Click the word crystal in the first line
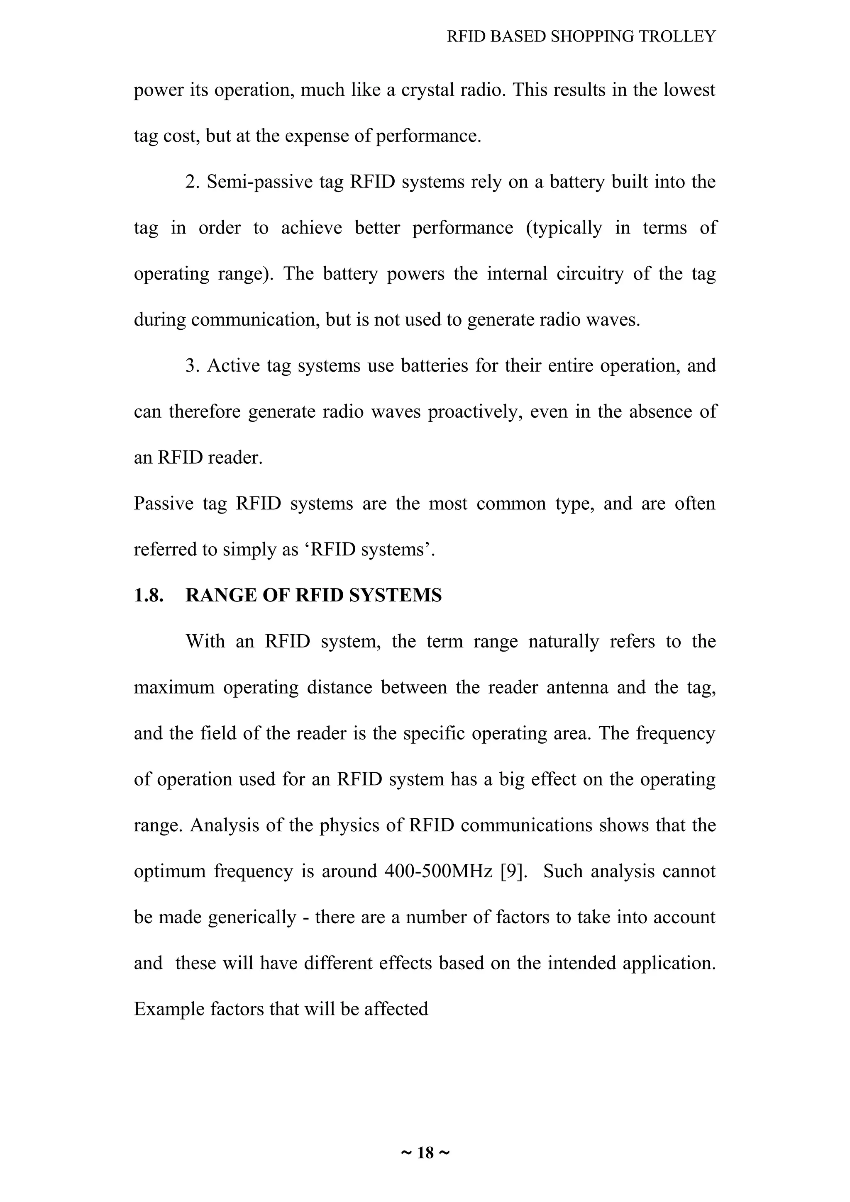428,90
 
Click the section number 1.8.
149,596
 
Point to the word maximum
174,687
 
